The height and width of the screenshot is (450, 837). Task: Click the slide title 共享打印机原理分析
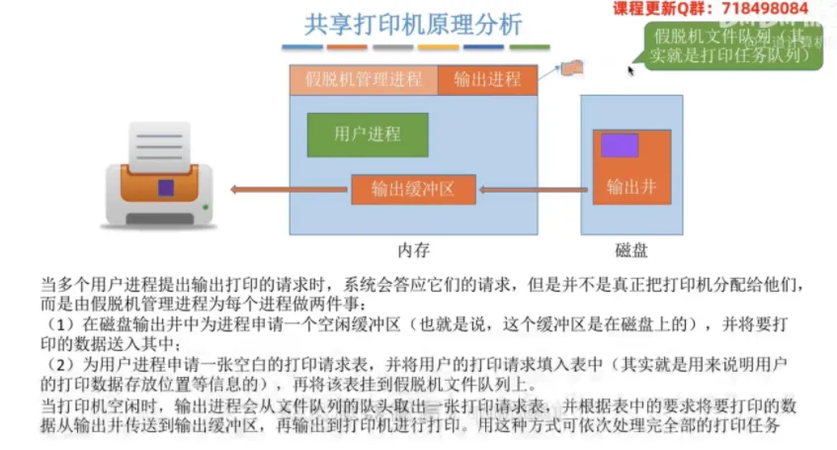point(413,24)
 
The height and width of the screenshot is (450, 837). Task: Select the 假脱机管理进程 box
point(364,80)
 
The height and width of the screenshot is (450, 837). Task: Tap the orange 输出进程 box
point(487,80)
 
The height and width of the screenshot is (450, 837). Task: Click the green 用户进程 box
point(368,135)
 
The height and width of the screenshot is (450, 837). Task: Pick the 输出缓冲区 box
point(413,190)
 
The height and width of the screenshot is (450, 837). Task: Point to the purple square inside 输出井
point(619,145)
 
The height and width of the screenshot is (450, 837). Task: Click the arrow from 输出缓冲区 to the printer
point(290,190)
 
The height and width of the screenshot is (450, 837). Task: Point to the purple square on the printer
point(166,186)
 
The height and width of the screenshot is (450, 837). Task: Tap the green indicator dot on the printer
point(204,207)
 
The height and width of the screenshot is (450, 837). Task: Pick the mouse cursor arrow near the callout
point(629,69)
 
